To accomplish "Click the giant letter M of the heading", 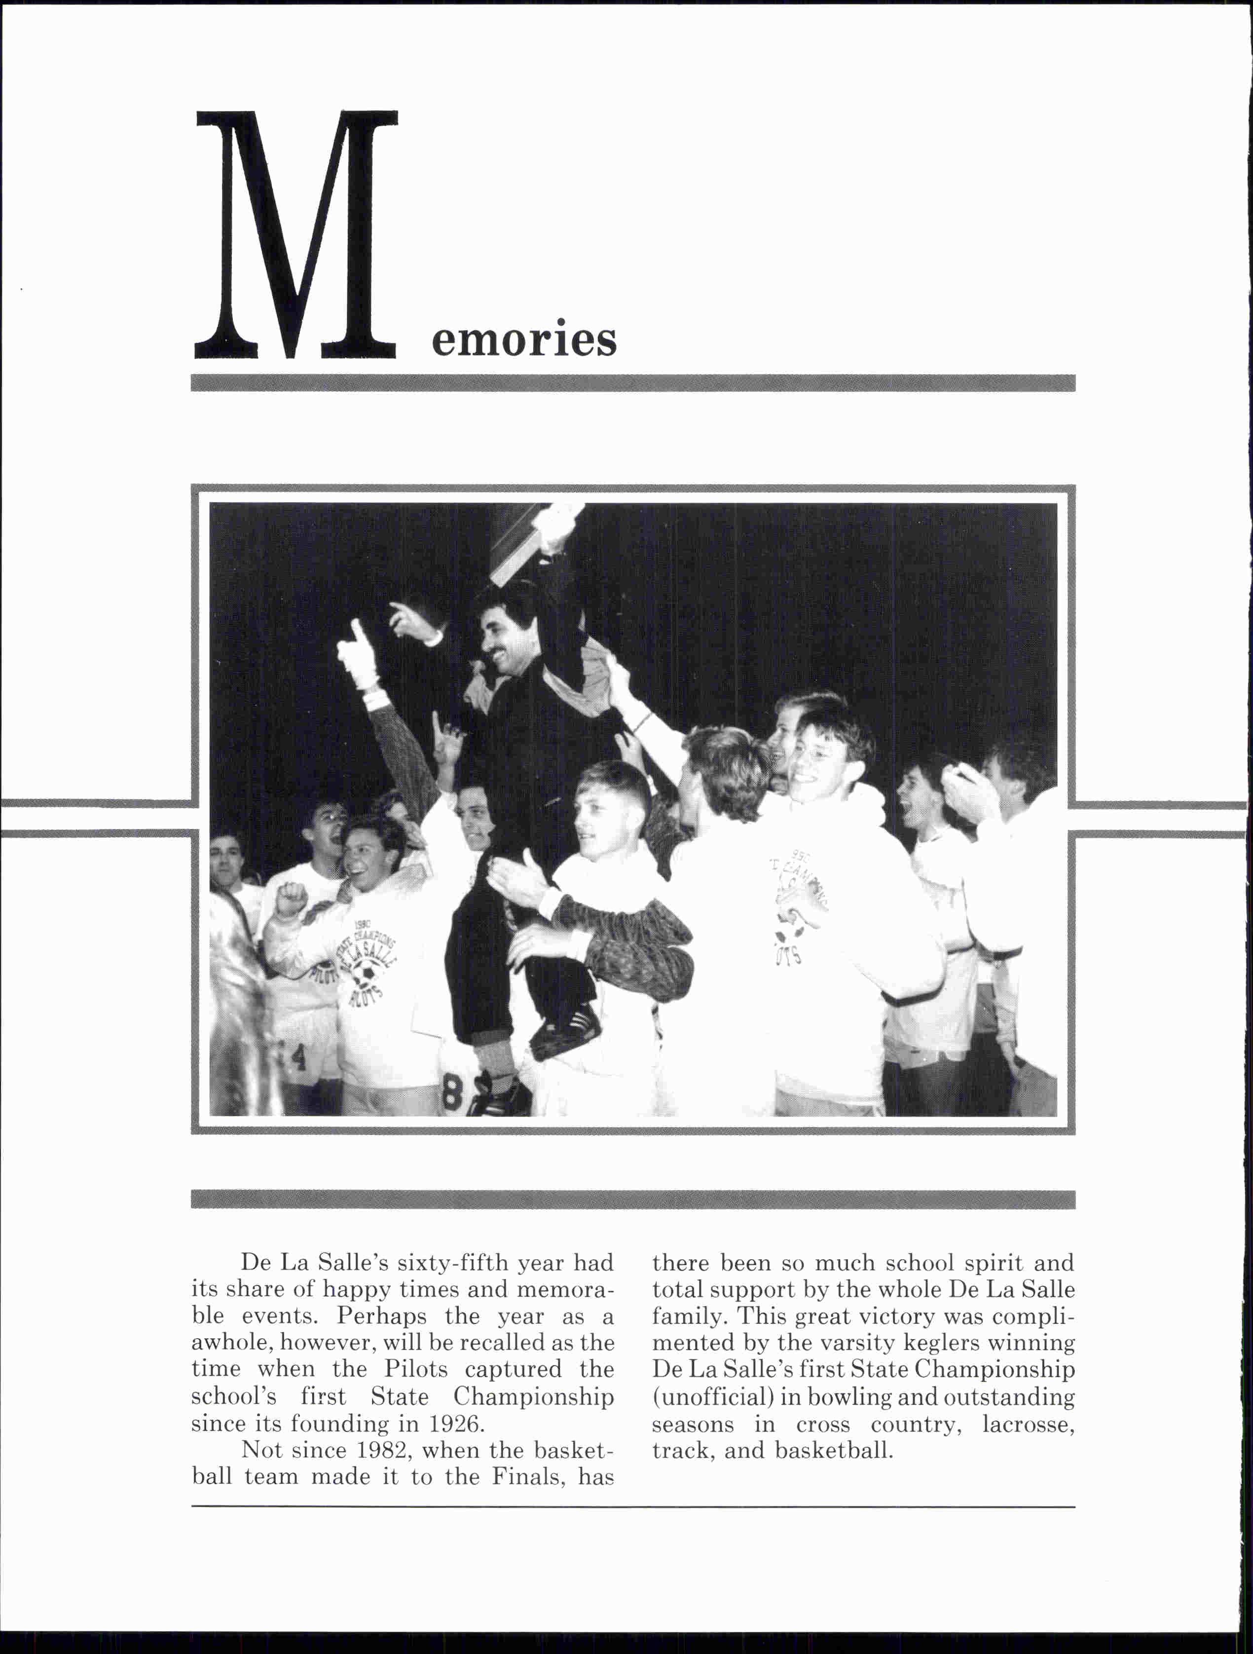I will tap(295, 235).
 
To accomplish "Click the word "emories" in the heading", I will tap(523, 340).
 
